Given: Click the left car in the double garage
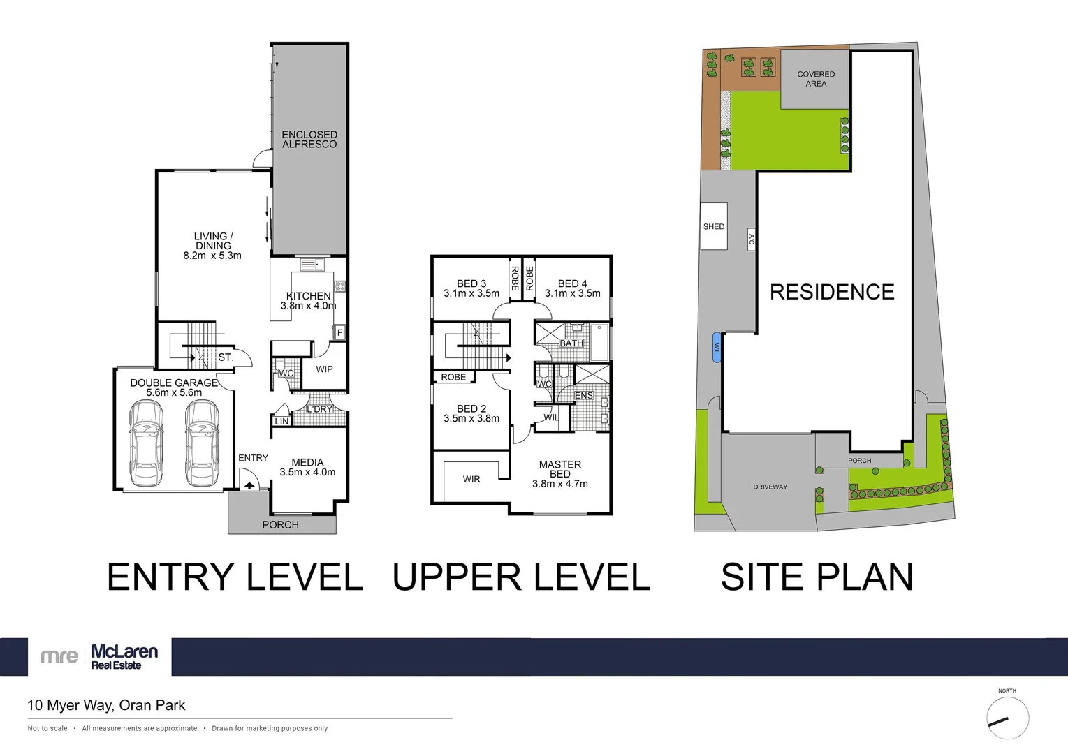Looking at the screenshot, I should point(147,443).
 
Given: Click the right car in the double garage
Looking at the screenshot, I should point(202,443).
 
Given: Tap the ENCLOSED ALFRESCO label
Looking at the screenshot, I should point(309,139).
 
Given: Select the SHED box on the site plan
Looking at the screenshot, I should point(714,226).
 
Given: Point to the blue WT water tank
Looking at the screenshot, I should point(717,347).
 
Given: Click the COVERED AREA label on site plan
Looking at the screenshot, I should point(816,79).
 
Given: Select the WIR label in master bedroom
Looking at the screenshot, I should point(471,479).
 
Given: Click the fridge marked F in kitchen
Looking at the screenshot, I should point(340,332).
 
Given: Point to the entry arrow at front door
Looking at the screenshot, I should point(249,485).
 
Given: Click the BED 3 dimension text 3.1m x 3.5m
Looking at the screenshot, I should point(471,293).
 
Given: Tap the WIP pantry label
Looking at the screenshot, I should point(324,369).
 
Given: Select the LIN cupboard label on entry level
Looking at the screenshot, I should point(281,421).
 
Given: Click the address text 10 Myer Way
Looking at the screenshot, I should point(106,705).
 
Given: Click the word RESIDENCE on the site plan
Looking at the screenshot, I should point(832,292).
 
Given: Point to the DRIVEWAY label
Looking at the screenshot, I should point(770,487).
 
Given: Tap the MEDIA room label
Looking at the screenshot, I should point(307,462).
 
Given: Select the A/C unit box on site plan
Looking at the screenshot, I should point(752,239).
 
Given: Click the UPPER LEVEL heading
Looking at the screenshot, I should point(521,577).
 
